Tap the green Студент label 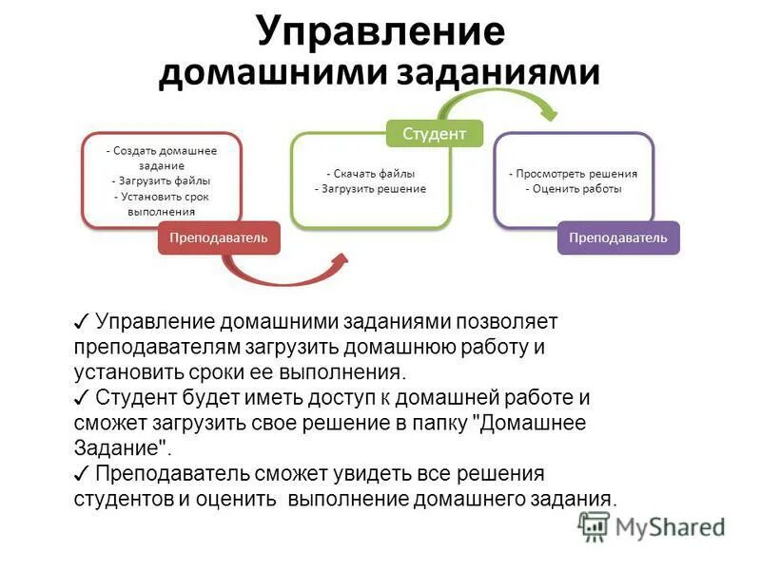coord(434,133)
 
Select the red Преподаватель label coord(219,237)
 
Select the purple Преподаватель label coord(618,237)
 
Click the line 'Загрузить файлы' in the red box coord(161,180)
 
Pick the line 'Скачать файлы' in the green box coord(370,174)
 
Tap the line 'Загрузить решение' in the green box coord(370,189)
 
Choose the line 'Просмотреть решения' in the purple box coord(573,174)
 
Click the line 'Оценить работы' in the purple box coord(573,189)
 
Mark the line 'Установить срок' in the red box coord(161,197)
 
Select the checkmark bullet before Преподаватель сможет coord(82,473)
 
